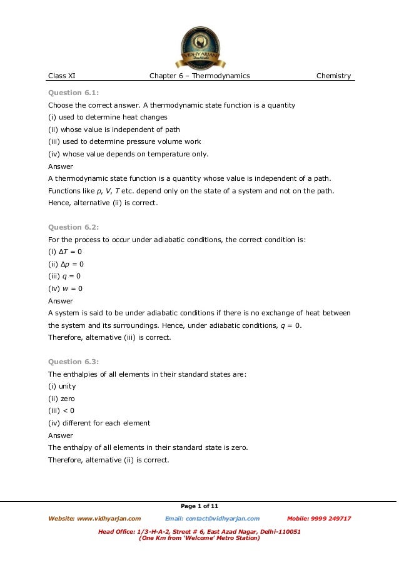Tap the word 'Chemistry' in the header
click(333, 76)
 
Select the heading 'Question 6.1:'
click(74, 93)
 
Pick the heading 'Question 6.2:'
click(74, 227)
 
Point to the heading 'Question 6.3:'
click(74, 362)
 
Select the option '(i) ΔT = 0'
click(65, 252)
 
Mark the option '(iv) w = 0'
click(65, 288)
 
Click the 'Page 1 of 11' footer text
click(199, 506)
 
